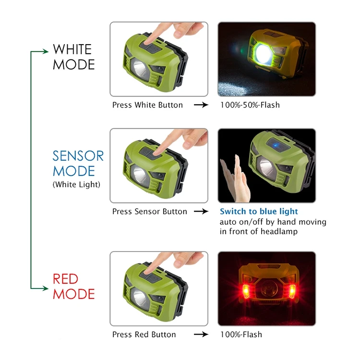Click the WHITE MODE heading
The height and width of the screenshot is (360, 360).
coord(73,57)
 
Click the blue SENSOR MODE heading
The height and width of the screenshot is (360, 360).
coord(78,163)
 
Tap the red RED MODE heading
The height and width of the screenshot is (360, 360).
coord(73,286)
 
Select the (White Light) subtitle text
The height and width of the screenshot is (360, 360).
coord(76,184)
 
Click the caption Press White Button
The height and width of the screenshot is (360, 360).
coord(147,105)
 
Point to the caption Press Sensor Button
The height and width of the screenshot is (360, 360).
coord(149,211)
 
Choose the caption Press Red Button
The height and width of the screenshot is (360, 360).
coord(144,334)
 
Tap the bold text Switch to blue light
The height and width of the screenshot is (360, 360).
coord(259,211)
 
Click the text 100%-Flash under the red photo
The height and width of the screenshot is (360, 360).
coord(241,334)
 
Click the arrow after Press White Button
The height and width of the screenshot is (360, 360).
coord(201,105)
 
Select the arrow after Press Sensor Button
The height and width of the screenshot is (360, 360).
coord(201,211)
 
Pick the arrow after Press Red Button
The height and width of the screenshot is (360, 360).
coord(201,334)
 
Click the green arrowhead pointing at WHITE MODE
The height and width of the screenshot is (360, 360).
coord(47,51)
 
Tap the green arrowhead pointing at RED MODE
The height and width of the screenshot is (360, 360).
coord(47,288)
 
